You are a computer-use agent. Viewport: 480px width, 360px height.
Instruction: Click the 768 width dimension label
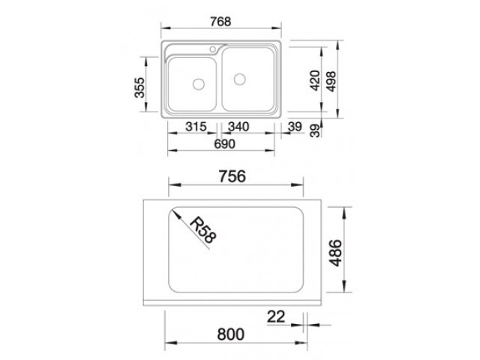click(220, 22)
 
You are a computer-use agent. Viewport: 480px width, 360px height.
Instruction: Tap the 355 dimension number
click(139, 88)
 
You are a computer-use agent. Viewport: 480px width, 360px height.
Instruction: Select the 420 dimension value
click(315, 81)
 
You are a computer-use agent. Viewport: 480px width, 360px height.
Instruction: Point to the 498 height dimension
click(331, 82)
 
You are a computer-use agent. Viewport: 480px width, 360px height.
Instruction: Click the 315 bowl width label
click(196, 127)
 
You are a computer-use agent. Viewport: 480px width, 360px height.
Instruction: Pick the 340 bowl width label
click(238, 127)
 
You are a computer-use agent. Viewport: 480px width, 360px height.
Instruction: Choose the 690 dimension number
click(224, 144)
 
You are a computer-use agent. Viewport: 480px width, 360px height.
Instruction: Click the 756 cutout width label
click(232, 176)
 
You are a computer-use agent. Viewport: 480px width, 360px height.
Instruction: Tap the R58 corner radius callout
click(202, 230)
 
